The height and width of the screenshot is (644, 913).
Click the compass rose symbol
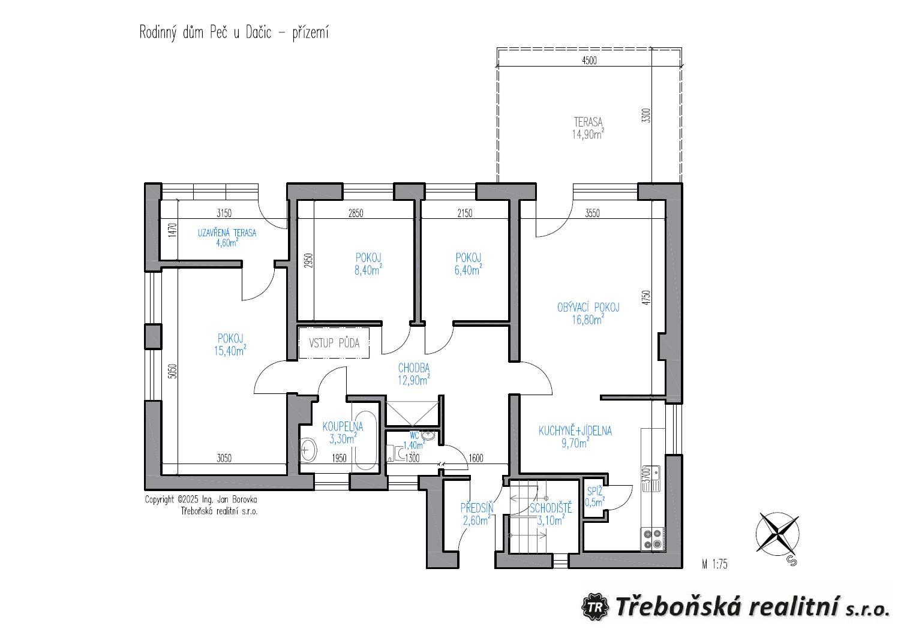click(777, 534)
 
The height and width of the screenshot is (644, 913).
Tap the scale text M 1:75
click(714, 564)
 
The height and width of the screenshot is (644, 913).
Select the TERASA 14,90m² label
click(588, 128)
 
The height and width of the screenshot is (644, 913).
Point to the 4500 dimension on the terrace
click(589, 61)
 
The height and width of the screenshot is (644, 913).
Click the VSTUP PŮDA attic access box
click(334, 343)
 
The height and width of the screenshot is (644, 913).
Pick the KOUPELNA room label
click(343, 426)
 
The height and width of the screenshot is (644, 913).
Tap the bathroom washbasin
click(308, 450)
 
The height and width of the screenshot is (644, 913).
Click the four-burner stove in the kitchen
click(652, 539)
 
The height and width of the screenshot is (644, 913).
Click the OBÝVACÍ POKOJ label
click(588, 307)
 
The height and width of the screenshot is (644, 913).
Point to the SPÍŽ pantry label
click(594, 492)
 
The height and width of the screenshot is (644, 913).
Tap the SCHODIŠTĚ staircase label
click(551, 508)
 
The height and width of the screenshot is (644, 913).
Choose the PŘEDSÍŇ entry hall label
click(476, 508)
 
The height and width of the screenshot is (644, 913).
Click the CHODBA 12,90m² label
click(414, 374)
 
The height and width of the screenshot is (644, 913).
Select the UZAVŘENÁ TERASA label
click(227, 233)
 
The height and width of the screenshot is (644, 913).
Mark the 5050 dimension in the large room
click(173, 371)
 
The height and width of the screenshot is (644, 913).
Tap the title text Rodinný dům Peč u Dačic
click(205, 32)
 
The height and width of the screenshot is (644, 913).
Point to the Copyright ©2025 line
click(201, 499)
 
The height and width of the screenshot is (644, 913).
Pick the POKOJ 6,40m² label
click(468, 264)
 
